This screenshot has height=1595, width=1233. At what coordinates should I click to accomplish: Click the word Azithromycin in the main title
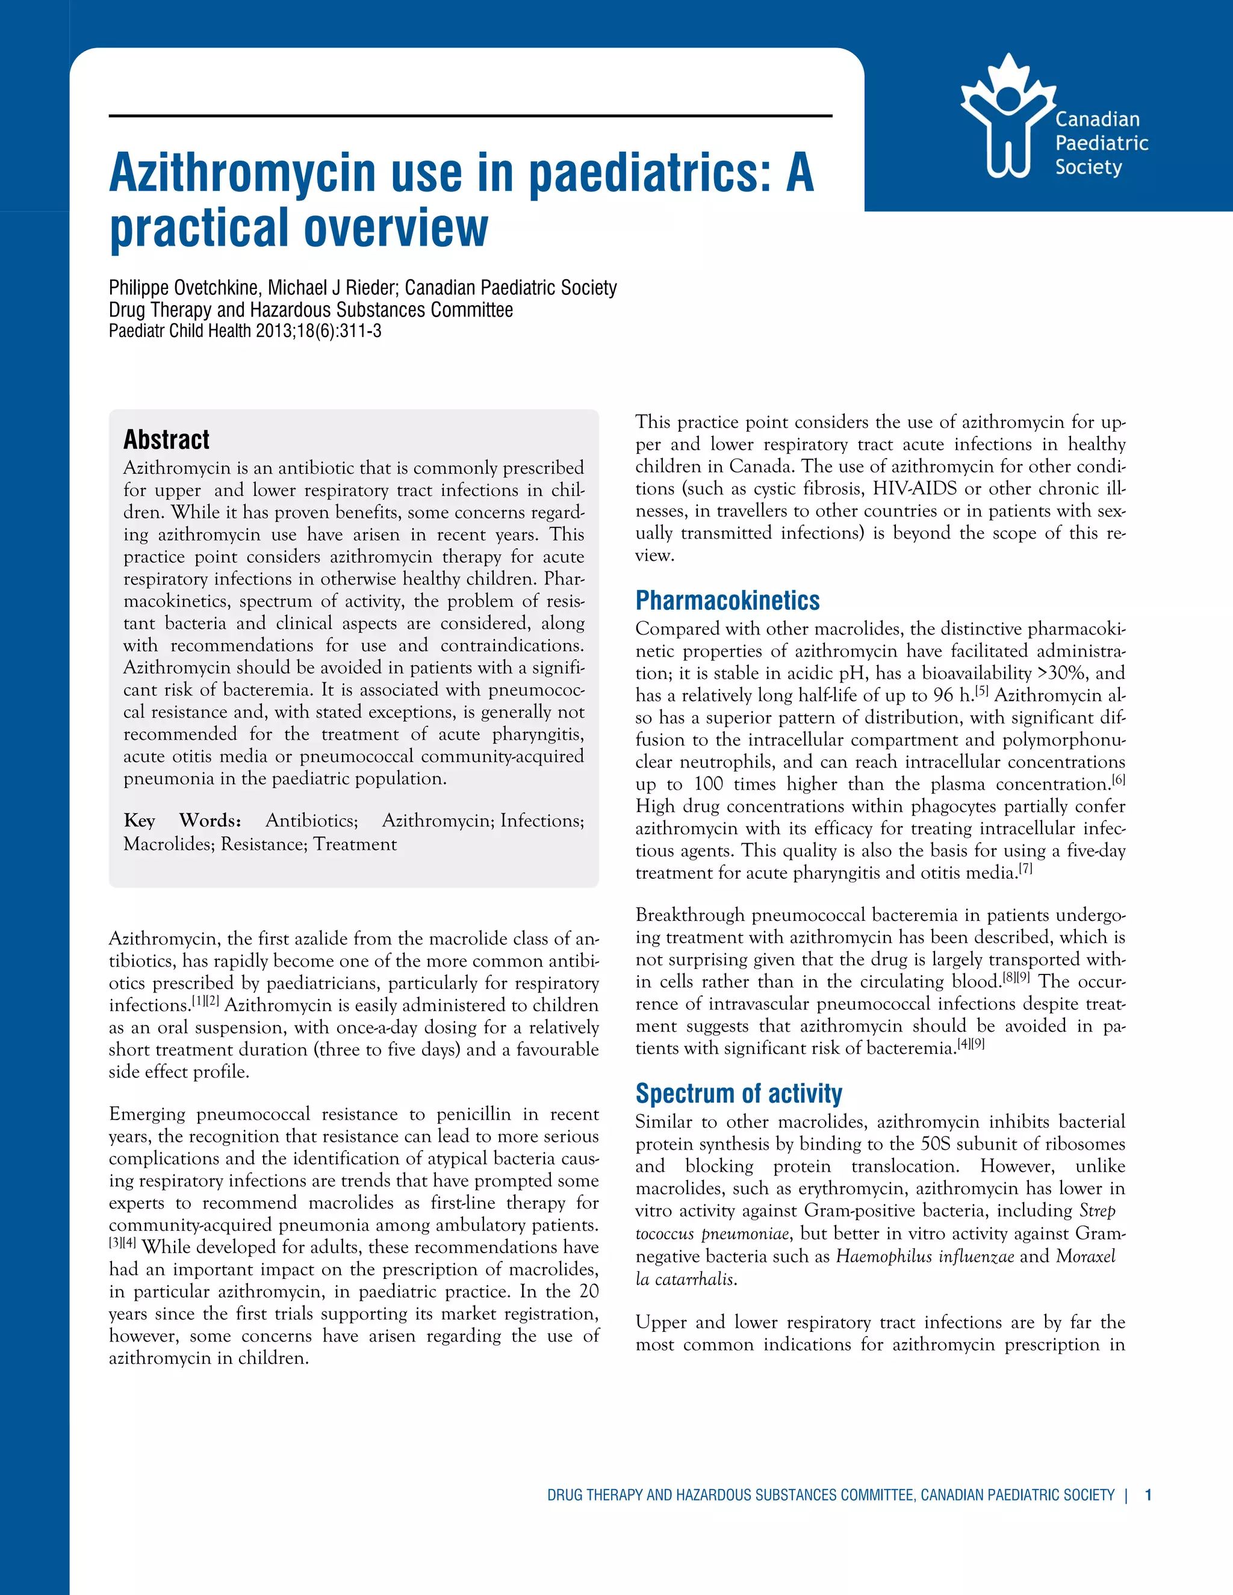coord(243,173)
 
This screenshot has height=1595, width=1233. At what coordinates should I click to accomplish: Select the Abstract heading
coord(167,439)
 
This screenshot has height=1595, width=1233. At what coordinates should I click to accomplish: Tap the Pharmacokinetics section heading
coord(727,600)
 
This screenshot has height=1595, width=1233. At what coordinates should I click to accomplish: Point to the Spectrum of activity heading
coord(739,1093)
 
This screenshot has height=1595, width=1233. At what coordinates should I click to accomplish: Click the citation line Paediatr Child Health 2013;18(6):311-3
coord(244,331)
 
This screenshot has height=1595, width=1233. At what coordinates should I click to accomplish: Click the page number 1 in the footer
coord(1148,1495)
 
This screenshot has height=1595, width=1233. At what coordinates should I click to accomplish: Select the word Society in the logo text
coord(1088,167)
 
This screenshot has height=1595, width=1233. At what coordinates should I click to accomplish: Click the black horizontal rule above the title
coord(470,116)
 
